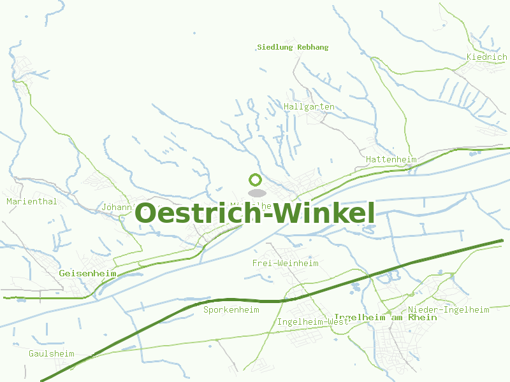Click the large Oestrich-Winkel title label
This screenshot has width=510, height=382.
click(255, 214)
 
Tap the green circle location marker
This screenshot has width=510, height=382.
click(256, 180)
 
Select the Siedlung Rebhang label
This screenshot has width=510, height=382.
click(293, 47)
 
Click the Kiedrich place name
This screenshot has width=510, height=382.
click(486, 57)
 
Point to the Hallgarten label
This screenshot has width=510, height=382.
click(309, 106)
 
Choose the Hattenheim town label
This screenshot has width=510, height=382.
click(391, 159)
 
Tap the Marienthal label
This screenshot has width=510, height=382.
click(32, 201)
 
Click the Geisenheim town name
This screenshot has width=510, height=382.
click(87, 273)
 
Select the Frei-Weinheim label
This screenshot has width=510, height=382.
click(285, 263)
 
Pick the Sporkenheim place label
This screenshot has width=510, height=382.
click(231, 310)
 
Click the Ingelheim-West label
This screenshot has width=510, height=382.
click(313, 322)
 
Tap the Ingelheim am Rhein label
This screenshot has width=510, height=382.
click(385, 317)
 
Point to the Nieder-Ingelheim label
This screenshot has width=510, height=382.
click(449, 309)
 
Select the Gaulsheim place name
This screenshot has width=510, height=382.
click(52, 353)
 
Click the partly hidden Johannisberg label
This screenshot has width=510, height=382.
click(118, 207)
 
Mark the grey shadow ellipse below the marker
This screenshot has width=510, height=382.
click(256, 193)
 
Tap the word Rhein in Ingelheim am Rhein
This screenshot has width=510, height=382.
click(423, 317)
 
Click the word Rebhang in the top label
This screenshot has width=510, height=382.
click(312, 47)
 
